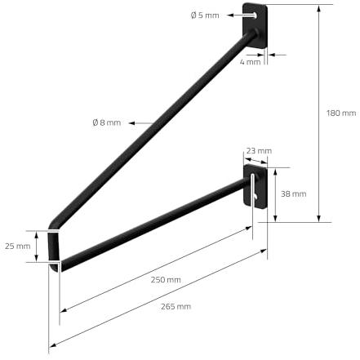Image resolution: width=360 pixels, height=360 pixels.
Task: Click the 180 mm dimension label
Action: [x=341, y=113]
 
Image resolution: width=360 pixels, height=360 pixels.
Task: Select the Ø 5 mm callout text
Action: [x=205, y=16]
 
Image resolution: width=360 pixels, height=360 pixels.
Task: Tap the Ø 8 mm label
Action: [x=107, y=122]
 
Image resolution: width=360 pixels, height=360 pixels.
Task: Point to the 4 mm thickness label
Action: [x=250, y=62]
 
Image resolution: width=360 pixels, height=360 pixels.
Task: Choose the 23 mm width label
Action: [x=259, y=151]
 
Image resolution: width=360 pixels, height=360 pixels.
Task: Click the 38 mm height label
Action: [x=294, y=194]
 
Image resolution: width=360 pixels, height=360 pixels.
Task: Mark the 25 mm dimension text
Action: [x=18, y=247]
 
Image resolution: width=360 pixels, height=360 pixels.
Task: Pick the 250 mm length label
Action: [x=166, y=280]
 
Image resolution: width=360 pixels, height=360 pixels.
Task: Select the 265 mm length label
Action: [x=176, y=307]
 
